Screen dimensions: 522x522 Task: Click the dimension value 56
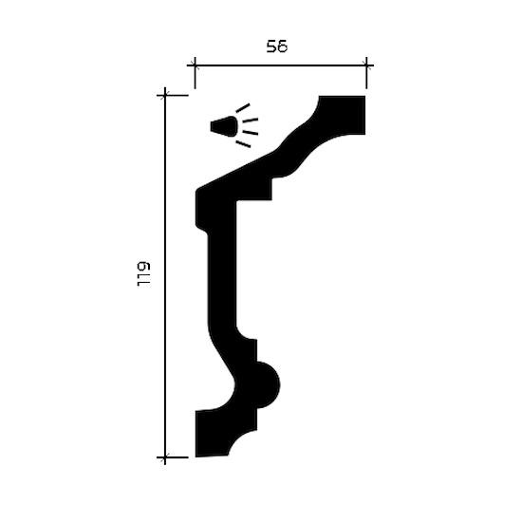click(276, 47)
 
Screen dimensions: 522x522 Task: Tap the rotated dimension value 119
click(144, 274)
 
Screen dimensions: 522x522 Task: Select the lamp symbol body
click(224, 126)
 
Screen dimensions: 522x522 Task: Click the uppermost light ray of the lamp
click(242, 108)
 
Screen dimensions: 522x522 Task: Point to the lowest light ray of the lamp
click(243, 144)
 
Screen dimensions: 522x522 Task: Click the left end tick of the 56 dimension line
click(195, 65)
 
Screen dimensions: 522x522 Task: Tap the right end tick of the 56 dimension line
click(366, 65)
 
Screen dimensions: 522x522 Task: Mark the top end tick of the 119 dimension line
click(165, 96)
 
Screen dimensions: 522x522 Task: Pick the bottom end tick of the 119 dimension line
click(165, 457)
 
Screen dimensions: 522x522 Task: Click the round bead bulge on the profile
click(268, 384)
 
